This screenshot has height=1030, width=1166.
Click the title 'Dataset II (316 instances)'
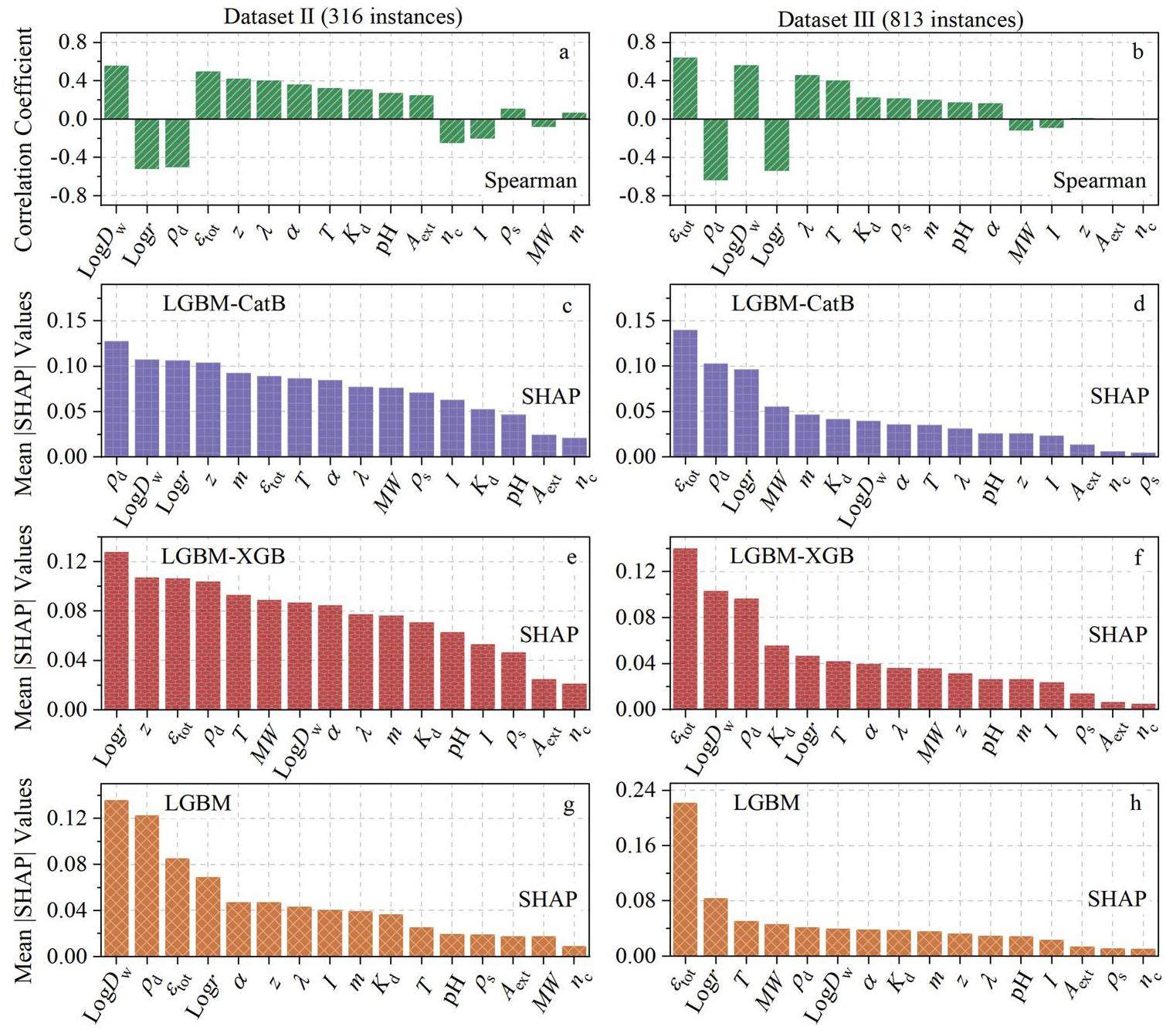coord(343,16)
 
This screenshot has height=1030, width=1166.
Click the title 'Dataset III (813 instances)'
coord(900,19)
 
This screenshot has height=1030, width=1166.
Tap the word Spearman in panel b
coord(1099,181)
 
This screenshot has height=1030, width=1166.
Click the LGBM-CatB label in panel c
coord(224,303)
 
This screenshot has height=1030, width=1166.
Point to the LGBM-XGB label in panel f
coord(792,555)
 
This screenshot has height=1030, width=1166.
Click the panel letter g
coord(569,805)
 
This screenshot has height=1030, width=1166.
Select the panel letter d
coord(1139,303)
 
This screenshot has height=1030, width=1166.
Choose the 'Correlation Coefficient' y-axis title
coord(25,139)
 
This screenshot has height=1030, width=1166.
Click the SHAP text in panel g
coord(547,899)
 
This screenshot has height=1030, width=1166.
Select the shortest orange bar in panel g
coord(575,950)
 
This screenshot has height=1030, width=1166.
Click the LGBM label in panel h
coord(766,803)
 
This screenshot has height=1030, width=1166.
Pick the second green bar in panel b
coord(715,150)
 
